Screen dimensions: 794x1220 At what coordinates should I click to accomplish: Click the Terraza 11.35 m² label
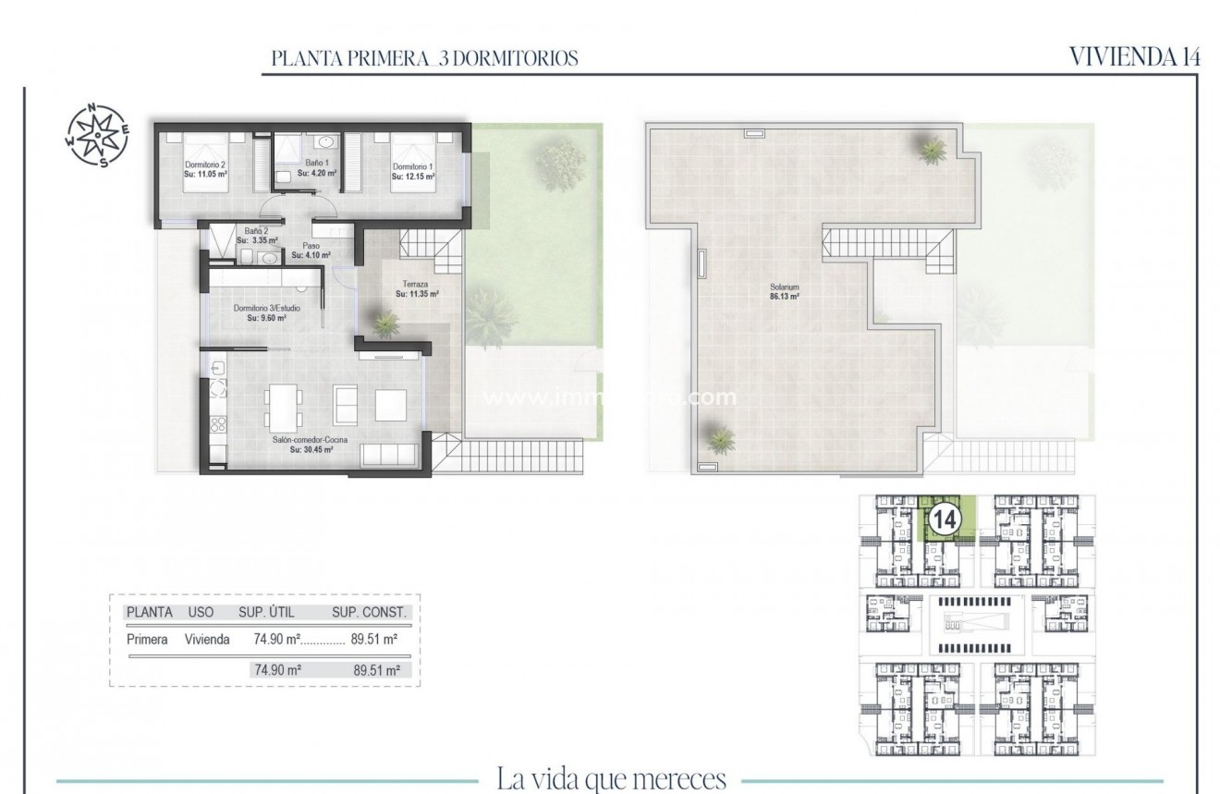click(x=416, y=289)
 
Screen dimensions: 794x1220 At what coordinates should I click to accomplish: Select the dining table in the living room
click(x=282, y=404)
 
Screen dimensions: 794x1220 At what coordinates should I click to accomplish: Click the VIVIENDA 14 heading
click(x=1134, y=56)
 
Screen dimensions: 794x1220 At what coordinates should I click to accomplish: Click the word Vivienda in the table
click(x=207, y=639)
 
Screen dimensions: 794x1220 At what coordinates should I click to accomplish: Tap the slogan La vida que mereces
click(x=611, y=778)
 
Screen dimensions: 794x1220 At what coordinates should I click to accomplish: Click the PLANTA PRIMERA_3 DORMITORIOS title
click(x=425, y=58)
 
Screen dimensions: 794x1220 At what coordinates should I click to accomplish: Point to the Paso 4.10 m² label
click(x=311, y=250)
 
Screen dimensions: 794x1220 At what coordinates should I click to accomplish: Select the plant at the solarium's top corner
click(x=931, y=148)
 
